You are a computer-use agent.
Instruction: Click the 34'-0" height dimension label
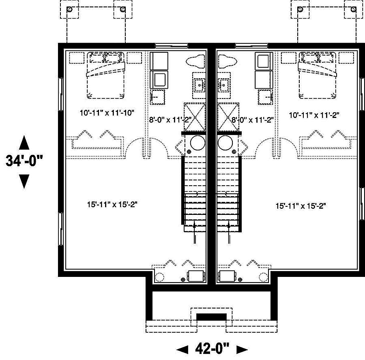coord(24,161)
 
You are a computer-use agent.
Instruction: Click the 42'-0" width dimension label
coord(213,348)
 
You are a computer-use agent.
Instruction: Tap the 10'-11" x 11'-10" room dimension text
coord(107,113)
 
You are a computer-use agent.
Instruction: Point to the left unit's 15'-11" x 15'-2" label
coord(112,205)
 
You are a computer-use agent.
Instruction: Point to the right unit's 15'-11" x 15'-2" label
coord(301,206)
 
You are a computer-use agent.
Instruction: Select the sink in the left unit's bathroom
coord(199,84)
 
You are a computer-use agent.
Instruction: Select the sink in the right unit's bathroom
coord(223,84)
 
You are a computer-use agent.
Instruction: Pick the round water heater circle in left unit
coord(198,142)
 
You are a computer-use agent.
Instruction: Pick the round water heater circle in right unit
coord(224,142)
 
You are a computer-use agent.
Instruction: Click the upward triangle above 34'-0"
coord(24,143)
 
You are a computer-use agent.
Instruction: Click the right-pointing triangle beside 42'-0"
coord(242,349)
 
